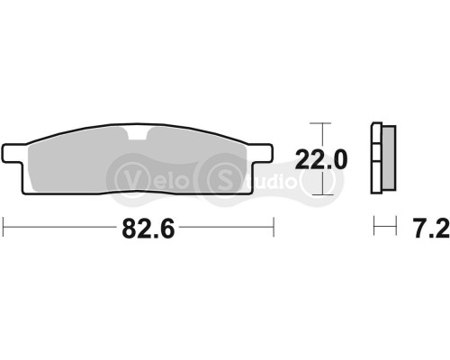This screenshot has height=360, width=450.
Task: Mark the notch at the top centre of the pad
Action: click(x=140, y=135)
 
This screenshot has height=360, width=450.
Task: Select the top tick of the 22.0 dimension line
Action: click(x=318, y=122)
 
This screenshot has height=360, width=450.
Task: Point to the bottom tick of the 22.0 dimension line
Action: click(x=318, y=193)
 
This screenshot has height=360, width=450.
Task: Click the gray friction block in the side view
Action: click(x=388, y=157)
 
